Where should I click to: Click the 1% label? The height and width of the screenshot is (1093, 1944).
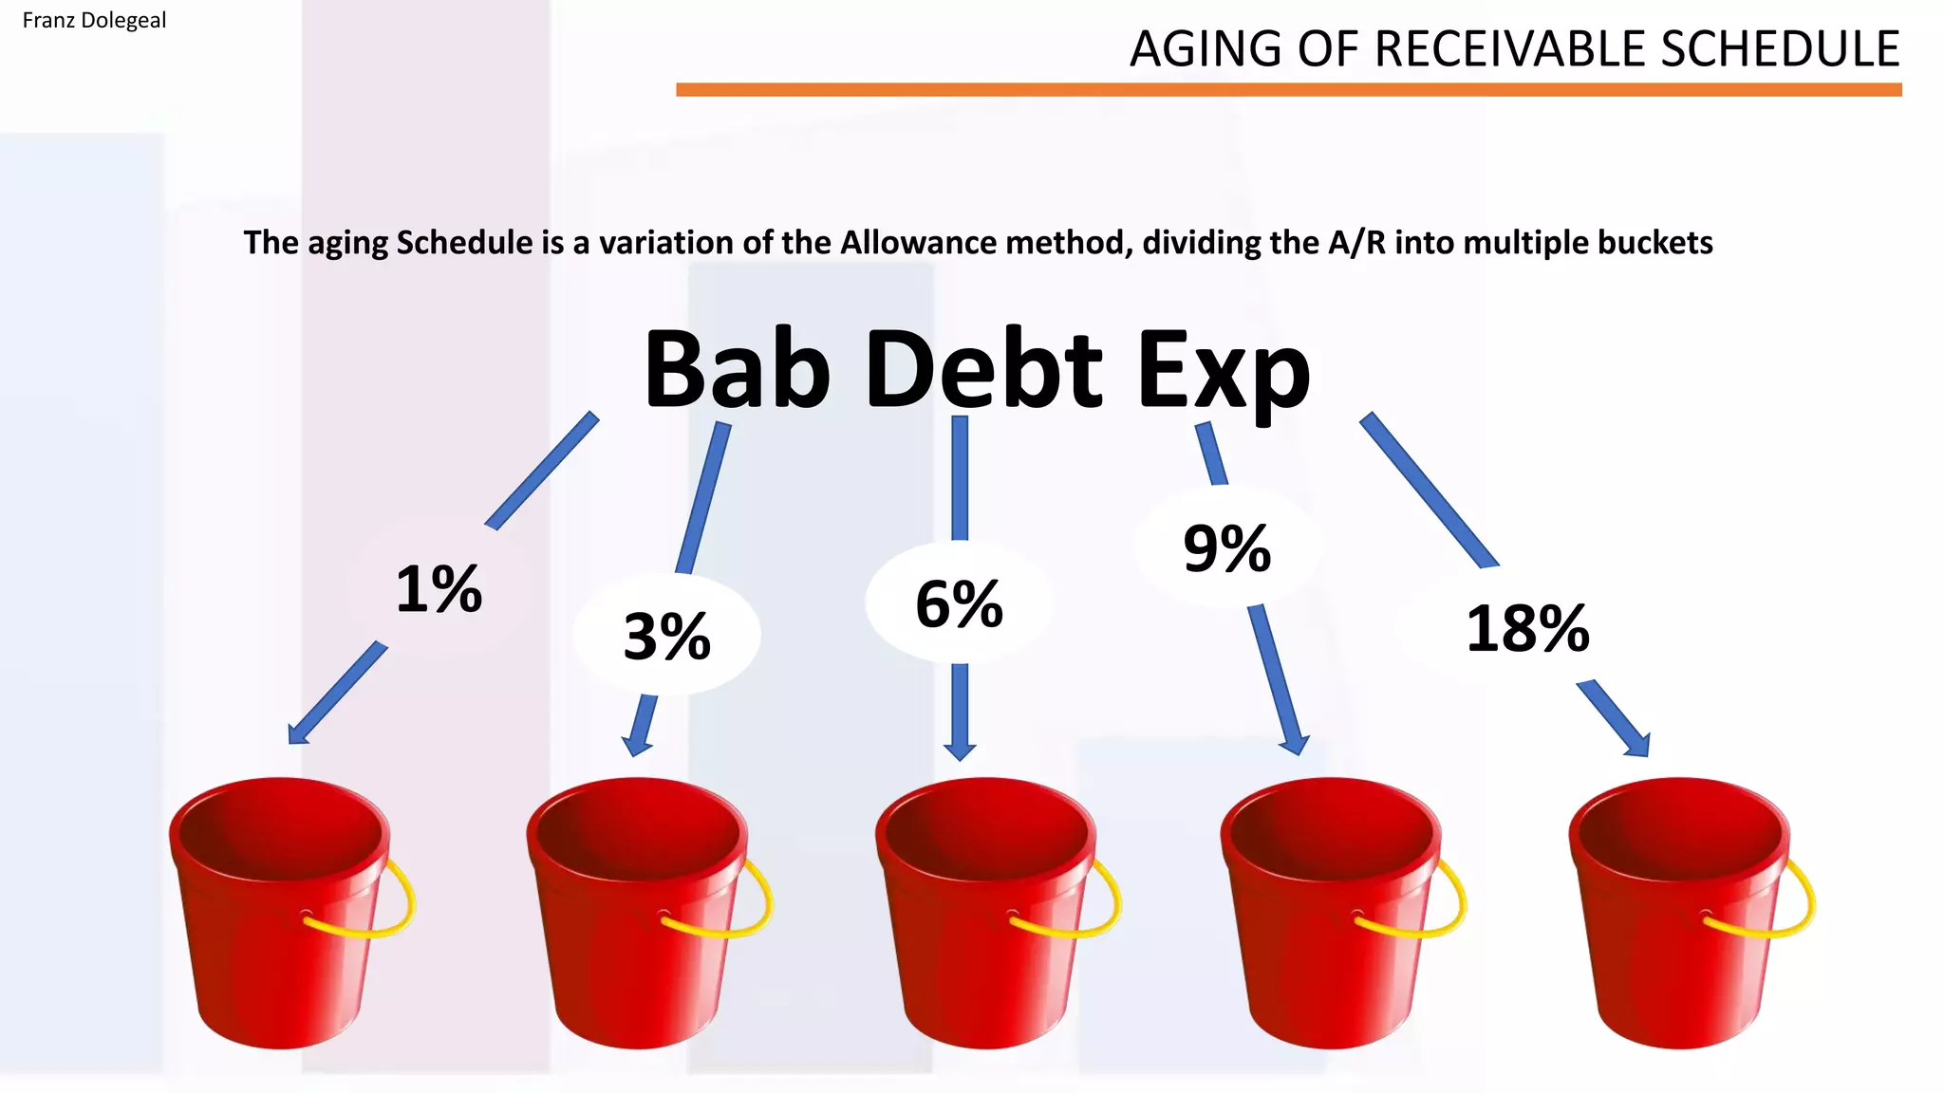pyautogui.click(x=439, y=589)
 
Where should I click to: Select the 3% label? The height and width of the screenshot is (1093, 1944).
pyautogui.click(x=666, y=636)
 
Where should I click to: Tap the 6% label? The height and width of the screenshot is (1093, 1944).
pyautogui.click(x=959, y=603)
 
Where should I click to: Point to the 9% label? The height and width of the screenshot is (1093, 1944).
pyautogui.click(x=1226, y=548)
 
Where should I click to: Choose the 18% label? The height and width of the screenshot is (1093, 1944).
pyautogui.click(x=1527, y=628)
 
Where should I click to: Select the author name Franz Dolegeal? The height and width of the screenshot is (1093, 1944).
pyautogui.click(x=94, y=20)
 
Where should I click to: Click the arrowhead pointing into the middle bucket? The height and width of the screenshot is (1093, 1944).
pyautogui.click(x=960, y=750)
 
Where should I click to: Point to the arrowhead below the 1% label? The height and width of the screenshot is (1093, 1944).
pyautogui.click(x=298, y=732)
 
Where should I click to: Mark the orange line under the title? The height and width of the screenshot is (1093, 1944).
pyautogui.click(x=1288, y=90)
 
